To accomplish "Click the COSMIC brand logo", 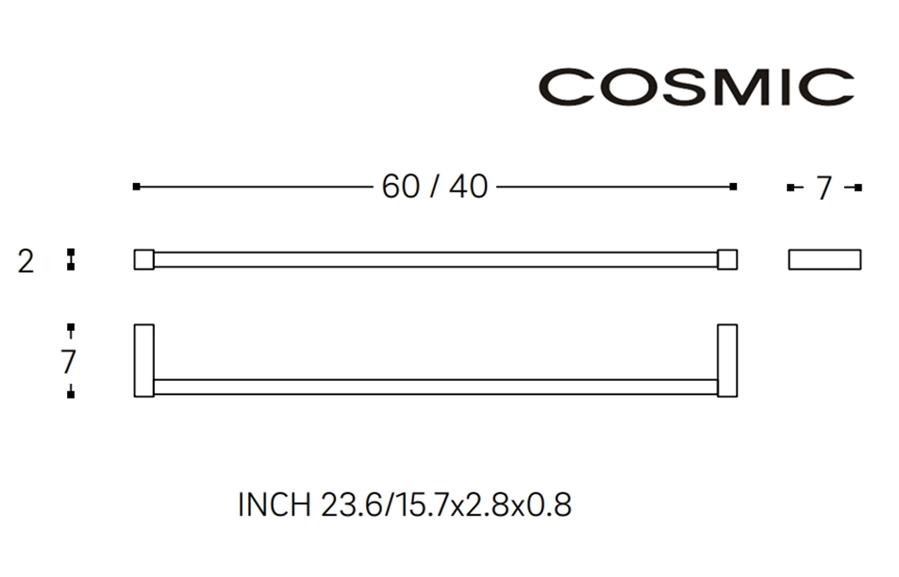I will tap(695, 87).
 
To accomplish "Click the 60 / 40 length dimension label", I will tap(435, 187).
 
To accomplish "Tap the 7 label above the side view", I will tap(824, 189).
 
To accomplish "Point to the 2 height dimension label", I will tap(25, 261).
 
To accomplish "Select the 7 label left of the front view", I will tap(68, 361).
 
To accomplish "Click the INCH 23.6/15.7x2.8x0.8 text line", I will tap(405, 505).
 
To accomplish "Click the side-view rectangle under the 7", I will tap(824, 259).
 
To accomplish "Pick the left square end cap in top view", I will tap(143, 259).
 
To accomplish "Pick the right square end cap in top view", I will tap(726, 259).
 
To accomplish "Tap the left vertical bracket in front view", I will tap(143, 360).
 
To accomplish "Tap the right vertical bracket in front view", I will tap(726, 360).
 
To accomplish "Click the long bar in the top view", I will tap(435, 259).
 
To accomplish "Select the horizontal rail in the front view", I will tap(435, 387).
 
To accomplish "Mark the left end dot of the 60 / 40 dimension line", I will tap(137, 187).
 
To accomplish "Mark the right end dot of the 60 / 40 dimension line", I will tap(733, 187).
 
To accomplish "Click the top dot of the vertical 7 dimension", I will tap(71, 328).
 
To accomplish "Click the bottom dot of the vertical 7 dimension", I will tap(71, 393).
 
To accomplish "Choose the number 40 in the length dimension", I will tap(468, 187).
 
